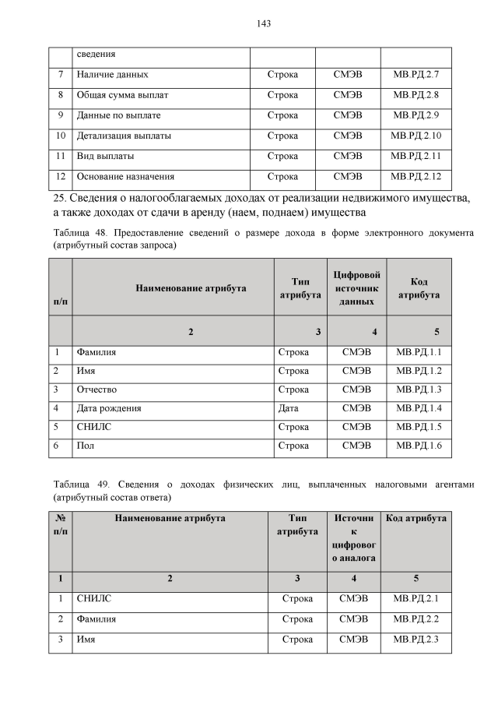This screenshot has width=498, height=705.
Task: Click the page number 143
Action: coord(263,24)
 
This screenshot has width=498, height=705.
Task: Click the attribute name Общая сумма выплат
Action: coord(123,95)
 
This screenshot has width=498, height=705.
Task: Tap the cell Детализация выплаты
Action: coord(124,136)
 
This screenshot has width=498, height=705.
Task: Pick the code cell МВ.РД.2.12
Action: coord(416,176)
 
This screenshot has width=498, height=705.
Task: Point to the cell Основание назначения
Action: coord(125,176)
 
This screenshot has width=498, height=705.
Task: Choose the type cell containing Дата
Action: coord(288,407)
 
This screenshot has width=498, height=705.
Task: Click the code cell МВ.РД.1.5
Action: coord(419,427)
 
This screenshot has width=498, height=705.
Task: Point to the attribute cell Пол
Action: coord(85,446)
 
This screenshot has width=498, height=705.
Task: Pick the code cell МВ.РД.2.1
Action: coord(416,598)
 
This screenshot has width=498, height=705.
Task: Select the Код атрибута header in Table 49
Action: coord(416,518)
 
